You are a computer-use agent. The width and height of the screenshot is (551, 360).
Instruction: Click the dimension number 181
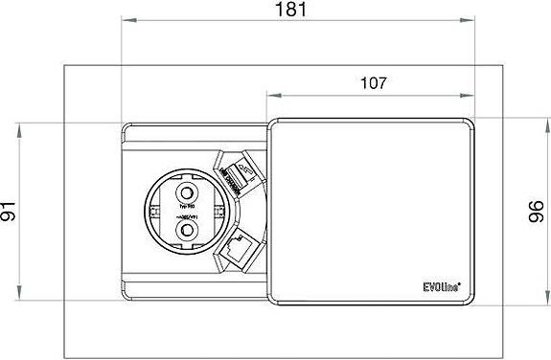[x=295, y=11]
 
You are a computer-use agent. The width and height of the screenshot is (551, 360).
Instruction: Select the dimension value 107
[x=373, y=83]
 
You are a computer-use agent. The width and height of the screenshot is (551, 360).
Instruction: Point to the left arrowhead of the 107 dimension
[x=270, y=95]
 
